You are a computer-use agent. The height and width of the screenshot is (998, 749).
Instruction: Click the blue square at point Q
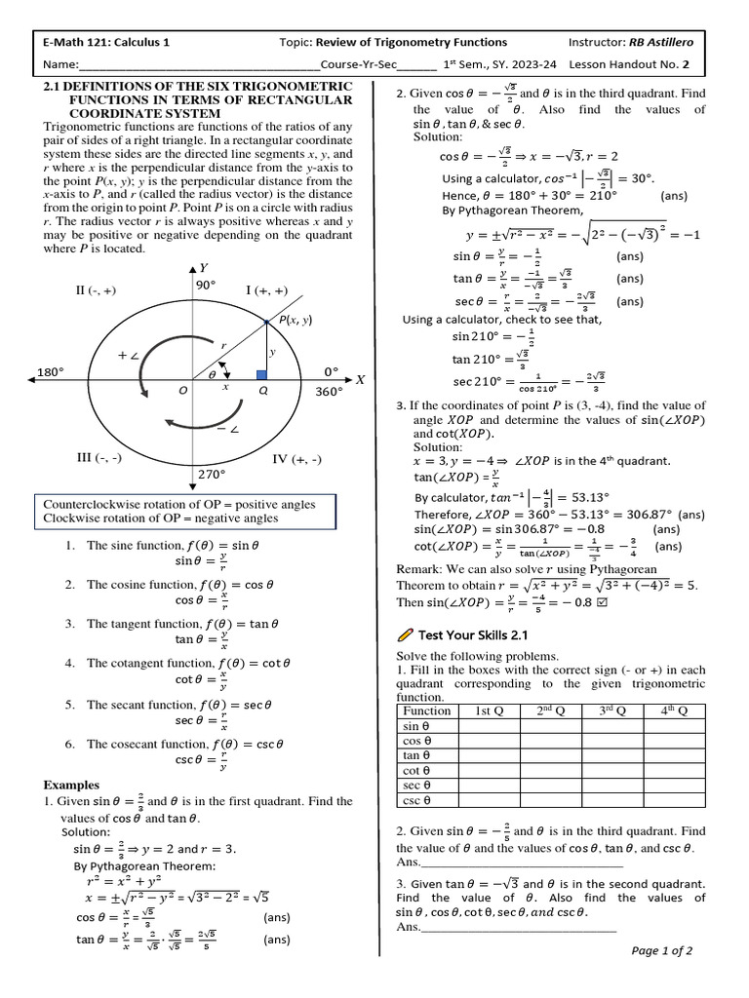point(260,374)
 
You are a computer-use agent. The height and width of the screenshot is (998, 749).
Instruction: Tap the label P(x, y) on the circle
point(295,320)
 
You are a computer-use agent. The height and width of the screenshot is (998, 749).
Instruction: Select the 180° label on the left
point(50,372)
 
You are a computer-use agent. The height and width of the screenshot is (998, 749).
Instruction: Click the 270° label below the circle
point(212,475)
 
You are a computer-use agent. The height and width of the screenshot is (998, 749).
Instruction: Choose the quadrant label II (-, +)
point(96,289)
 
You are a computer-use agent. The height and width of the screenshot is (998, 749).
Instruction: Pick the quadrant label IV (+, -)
point(296,458)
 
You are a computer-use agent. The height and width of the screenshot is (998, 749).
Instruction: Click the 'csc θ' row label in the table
point(416,800)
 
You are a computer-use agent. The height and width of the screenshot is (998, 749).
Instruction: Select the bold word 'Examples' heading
point(72,785)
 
